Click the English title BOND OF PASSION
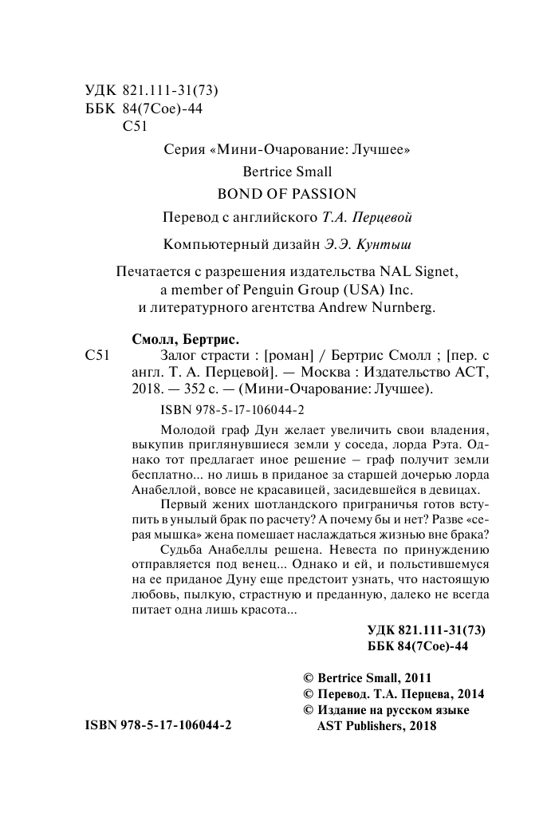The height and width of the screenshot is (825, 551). tap(286, 193)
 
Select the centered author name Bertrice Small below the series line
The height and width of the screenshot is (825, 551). tap(286, 171)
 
